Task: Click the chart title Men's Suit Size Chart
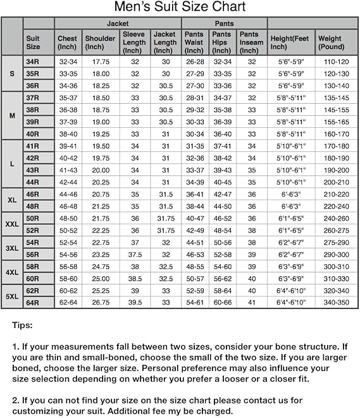coord(180,8)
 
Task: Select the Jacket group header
coord(118,23)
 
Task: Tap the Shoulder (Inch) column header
coord(100,42)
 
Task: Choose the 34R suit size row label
coord(32,62)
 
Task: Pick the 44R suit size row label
coord(32,182)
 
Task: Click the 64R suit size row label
coord(32,303)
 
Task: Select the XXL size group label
coord(12,224)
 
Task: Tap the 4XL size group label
coord(12,272)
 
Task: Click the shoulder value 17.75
coord(100,62)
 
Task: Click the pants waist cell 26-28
coord(194,62)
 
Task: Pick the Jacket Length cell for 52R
coord(165,231)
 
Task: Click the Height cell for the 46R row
coord(291,194)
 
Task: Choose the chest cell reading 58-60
coord(67,279)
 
